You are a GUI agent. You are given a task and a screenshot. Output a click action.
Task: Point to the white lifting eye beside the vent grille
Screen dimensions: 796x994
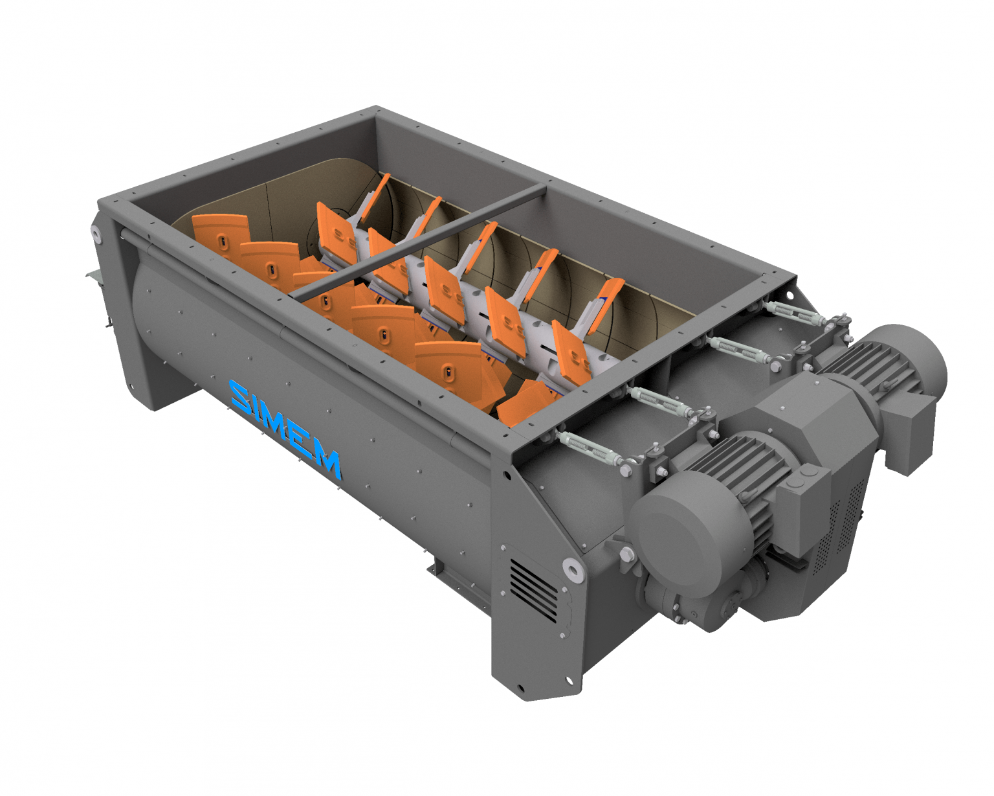point(572,569)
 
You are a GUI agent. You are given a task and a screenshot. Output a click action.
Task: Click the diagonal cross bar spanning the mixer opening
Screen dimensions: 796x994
point(421,239)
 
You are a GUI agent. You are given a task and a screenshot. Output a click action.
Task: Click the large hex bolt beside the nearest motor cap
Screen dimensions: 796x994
point(627,554)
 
